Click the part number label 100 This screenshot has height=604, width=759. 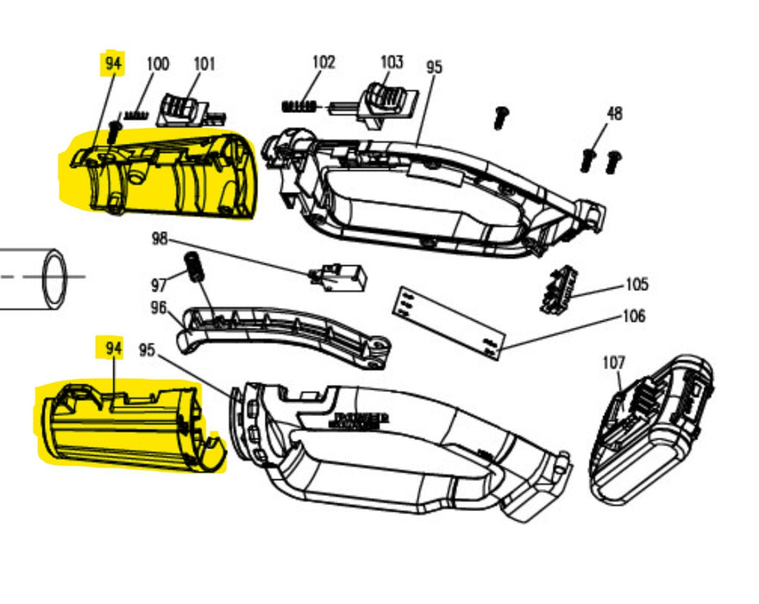(x=158, y=64)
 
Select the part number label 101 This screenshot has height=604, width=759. (x=204, y=64)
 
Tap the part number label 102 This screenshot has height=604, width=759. (x=323, y=62)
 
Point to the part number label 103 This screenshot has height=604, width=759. (x=392, y=62)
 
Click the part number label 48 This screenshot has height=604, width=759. (x=614, y=113)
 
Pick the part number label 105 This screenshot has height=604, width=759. (x=637, y=285)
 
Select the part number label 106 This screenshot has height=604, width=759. (x=633, y=317)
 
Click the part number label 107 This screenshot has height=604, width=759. (x=612, y=362)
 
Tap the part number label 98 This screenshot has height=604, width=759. (x=160, y=238)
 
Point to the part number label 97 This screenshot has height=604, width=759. (x=158, y=284)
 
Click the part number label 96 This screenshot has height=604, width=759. (x=158, y=306)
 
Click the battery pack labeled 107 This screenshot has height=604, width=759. (x=650, y=430)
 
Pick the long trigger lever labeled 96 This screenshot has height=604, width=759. (x=285, y=331)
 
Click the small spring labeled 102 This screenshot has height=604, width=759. (x=298, y=106)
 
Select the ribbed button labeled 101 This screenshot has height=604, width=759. (x=184, y=108)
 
